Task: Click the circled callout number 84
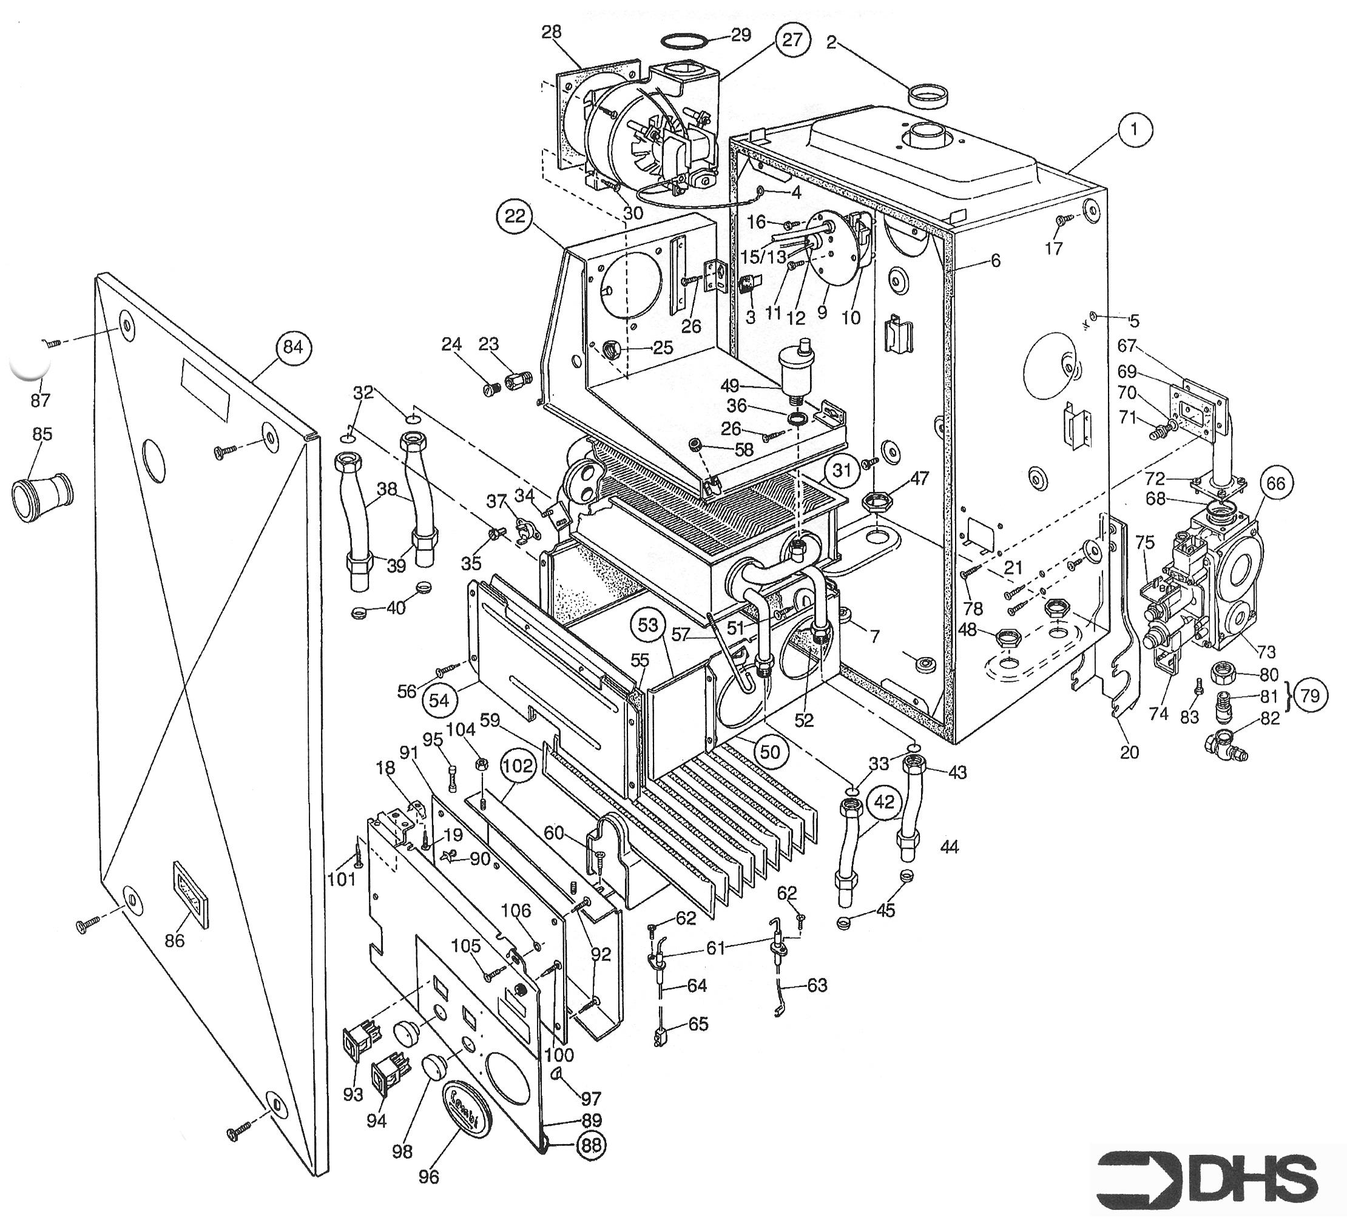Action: click(292, 348)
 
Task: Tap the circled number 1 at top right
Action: click(1133, 130)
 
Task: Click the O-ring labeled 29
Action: click(684, 41)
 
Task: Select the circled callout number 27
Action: click(792, 40)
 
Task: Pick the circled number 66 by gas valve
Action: click(1275, 483)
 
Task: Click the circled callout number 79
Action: click(1310, 696)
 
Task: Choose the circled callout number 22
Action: click(515, 217)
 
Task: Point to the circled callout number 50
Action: click(770, 752)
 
